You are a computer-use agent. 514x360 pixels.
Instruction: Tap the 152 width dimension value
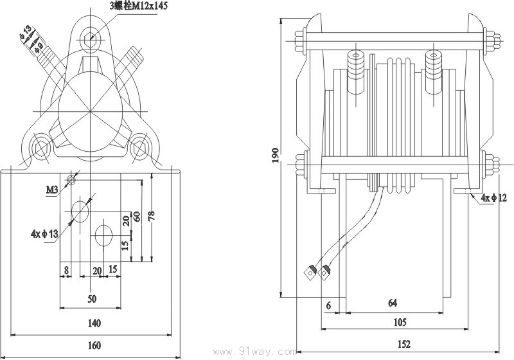[x=403, y=345]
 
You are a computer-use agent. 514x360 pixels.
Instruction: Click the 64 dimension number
[x=392, y=303]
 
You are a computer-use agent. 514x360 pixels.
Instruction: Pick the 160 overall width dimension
[x=94, y=345]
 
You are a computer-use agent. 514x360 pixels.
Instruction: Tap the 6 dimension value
[x=328, y=307]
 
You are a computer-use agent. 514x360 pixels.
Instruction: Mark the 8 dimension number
[x=66, y=271]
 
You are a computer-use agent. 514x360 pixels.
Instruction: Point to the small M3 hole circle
[x=71, y=181]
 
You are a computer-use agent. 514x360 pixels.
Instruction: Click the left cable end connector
[x=310, y=272]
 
